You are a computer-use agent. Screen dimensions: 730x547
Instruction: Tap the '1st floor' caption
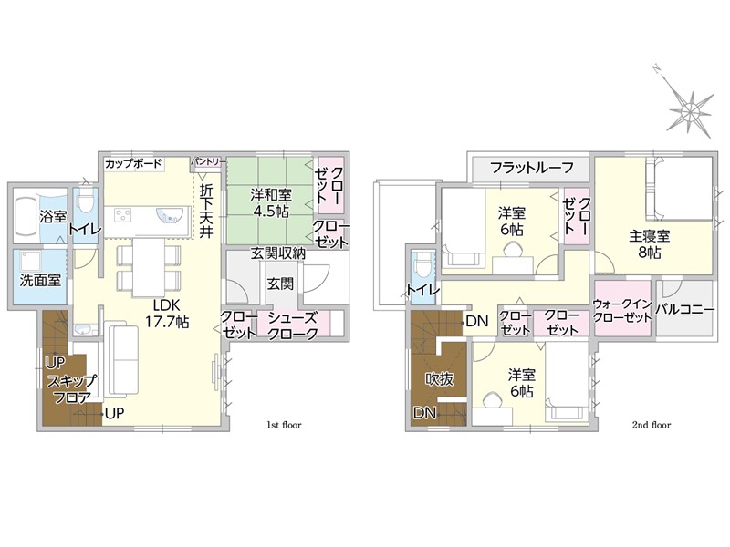click(284, 425)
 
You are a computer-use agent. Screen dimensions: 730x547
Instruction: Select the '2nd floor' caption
click(652, 425)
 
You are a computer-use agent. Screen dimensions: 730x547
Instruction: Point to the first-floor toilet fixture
click(85, 201)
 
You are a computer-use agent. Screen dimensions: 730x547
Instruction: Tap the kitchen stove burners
click(123, 215)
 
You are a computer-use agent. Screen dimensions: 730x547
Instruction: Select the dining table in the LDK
click(148, 267)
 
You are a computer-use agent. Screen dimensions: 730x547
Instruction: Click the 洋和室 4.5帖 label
click(271, 202)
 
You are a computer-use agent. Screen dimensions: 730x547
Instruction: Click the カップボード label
click(133, 164)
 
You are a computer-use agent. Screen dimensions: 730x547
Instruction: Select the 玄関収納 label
click(278, 253)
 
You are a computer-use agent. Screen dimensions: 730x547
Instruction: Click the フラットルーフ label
click(532, 168)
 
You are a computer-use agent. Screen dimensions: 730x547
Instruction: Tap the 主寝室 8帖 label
click(650, 244)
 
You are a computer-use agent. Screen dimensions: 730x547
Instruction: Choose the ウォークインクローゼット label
click(622, 311)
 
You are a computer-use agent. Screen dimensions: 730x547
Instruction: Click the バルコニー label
click(685, 309)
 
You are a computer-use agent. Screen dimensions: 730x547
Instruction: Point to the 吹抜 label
click(439, 379)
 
